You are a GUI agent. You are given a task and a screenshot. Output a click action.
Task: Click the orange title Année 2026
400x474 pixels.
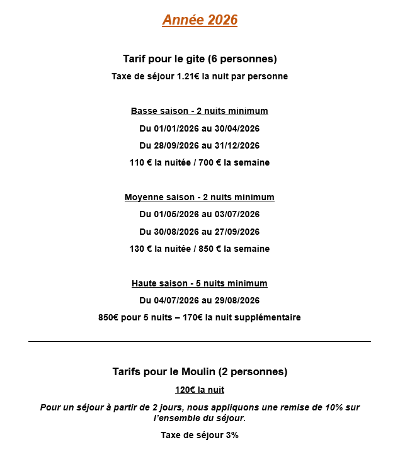tap(200, 20)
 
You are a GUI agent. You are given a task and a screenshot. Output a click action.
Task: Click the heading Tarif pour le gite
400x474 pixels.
tap(200, 59)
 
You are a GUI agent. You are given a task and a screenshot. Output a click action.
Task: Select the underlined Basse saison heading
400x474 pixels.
tap(200, 111)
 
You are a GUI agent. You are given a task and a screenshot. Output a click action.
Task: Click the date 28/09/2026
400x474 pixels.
tap(176, 145)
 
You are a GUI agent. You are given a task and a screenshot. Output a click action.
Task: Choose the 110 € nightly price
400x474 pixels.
tap(140, 162)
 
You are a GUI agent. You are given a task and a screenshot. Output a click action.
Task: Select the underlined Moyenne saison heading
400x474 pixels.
tap(200, 198)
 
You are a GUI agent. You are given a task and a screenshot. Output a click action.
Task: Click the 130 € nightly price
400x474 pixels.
tap(140, 249)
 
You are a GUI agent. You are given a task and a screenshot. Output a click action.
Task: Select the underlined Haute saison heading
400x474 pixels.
tap(200, 283)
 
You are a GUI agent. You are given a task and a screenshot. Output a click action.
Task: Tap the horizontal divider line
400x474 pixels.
tap(200, 341)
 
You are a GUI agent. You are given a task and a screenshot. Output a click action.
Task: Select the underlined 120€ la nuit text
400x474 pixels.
tap(200, 390)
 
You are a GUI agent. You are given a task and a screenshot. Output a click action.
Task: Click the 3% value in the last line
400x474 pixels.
tap(231, 435)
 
